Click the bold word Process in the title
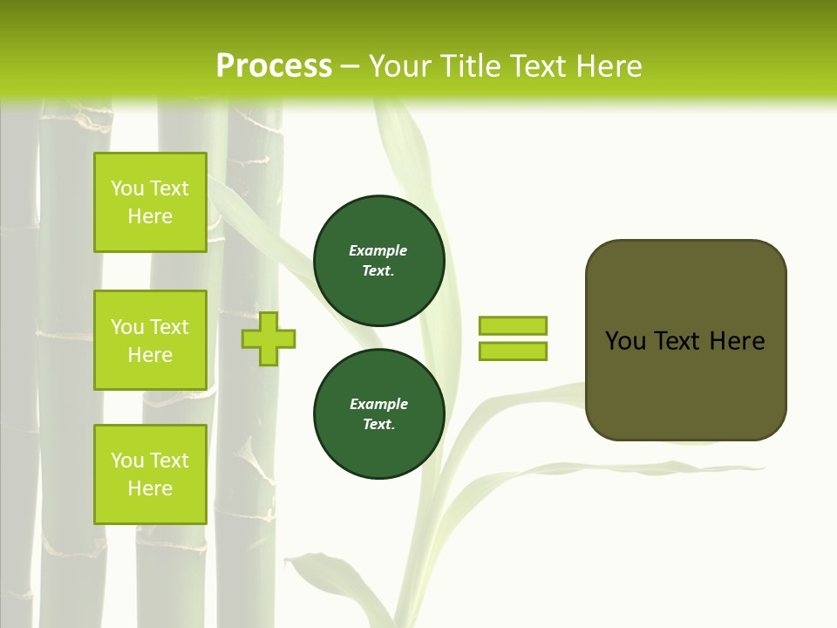tap(274, 66)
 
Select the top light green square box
tap(150, 202)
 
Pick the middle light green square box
tap(150, 340)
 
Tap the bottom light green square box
tap(150, 474)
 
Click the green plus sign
tap(269, 339)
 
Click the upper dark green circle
tap(378, 261)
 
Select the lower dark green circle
tap(378, 413)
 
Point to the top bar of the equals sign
tap(513, 325)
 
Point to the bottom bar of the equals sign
tap(513, 351)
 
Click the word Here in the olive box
tap(737, 341)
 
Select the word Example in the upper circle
tap(378, 250)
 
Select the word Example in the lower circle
tap(378, 404)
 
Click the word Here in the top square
tap(150, 216)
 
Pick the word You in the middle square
tap(127, 327)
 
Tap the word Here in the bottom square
tap(150, 488)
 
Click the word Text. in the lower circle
tap(378, 424)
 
